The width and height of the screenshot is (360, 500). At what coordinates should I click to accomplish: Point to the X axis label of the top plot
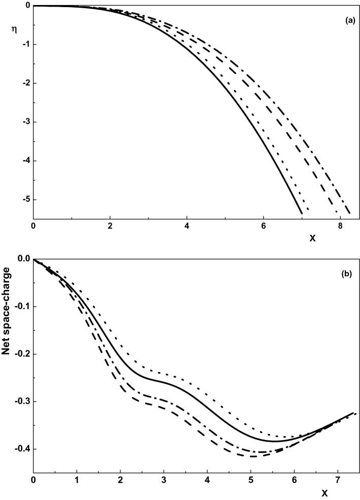(x=312, y=237)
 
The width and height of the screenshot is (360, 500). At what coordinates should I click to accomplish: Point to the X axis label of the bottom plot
(x=325, y=493)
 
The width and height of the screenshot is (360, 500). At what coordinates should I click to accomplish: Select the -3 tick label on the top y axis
(x=25, y=122)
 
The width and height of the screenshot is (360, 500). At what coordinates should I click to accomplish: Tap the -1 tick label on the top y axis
(x=25, y=44)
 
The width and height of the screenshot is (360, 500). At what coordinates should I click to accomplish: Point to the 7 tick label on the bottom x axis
(x=338, y=480)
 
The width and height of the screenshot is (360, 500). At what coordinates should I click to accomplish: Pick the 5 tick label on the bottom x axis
(x=251, y=480)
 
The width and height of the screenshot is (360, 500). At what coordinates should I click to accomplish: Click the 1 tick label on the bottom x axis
(x=77, y=480)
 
